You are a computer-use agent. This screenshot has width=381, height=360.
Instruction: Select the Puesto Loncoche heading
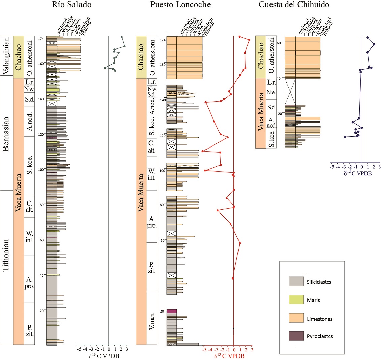click(x=181, y=4)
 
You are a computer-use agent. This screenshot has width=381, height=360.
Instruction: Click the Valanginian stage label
click(x=6, y=56)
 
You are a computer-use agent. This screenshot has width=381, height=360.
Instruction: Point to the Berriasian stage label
click(x=6, y=133)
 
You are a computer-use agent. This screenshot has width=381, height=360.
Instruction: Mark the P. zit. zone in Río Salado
click(x=29, y=323)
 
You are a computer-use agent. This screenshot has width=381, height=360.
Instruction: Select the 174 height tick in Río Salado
click(x=42, y=39)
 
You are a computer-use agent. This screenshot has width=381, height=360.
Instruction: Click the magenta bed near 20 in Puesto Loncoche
click(x=172, y=311)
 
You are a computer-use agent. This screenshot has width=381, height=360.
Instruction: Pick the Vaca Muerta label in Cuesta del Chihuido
click(x=260, y=113)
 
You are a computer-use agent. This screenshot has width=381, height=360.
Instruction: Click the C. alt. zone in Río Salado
click(x=29, y=206)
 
